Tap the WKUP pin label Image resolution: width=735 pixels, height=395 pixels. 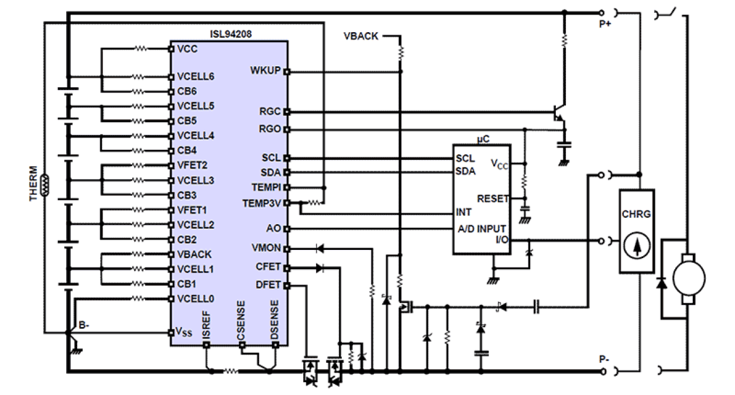pos(265,71)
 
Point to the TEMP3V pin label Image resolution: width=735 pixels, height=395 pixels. pos(263,202)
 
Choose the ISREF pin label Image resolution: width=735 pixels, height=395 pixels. pos(207,321)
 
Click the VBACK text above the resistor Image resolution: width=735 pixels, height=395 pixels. pos(361,36)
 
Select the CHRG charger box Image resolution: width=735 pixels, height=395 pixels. pos(637,232)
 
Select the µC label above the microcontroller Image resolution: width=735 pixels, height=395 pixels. pos(482,139)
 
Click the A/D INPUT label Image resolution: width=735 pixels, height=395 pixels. pos(483,228)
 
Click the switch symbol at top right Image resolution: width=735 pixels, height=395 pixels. pos(667,12)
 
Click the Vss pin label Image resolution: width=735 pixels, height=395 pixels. pos(183,331)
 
